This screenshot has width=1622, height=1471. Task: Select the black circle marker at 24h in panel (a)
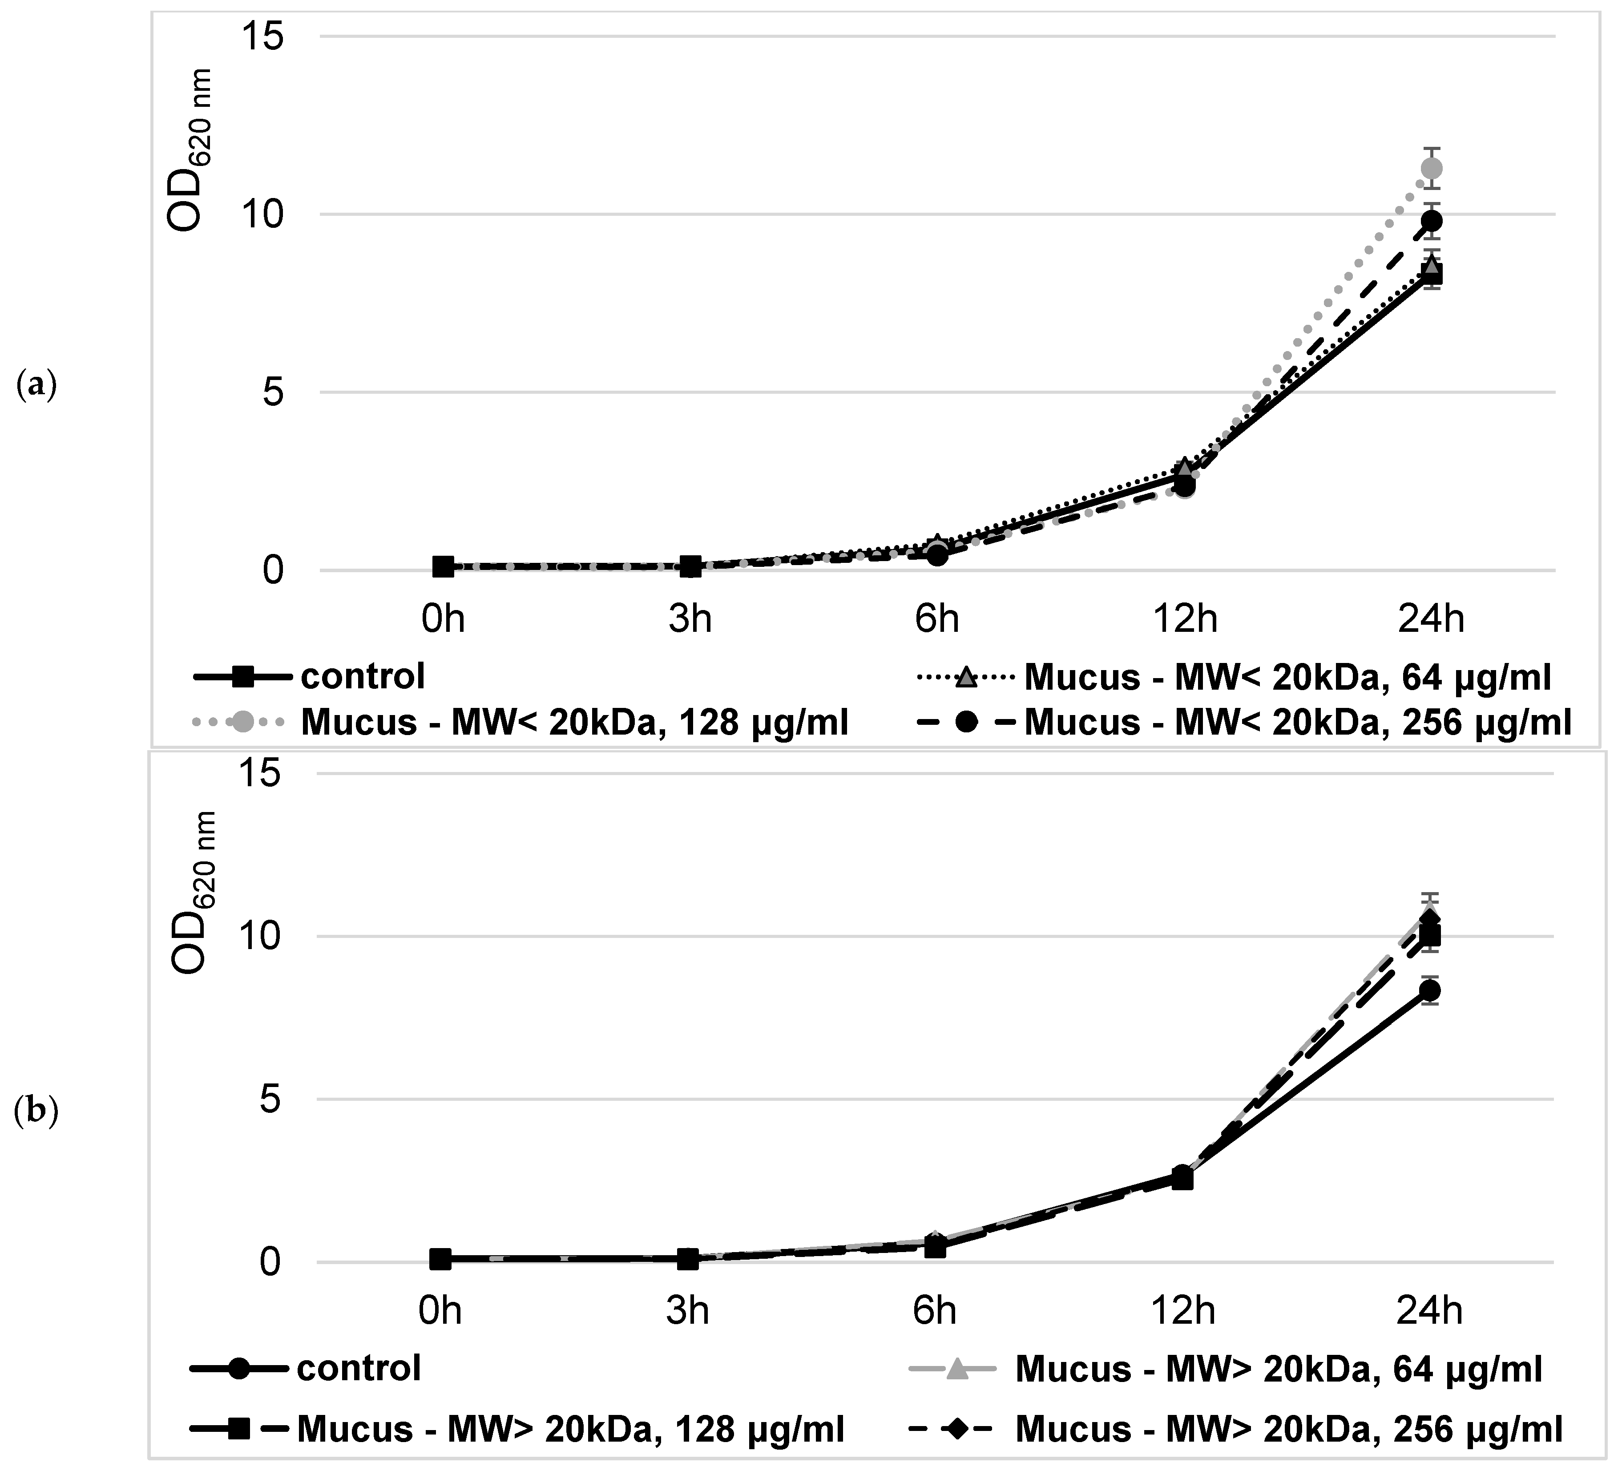coord(1431,221)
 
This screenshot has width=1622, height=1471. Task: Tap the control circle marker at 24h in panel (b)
coord(1430,990)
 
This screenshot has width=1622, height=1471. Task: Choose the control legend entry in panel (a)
coord(362,677)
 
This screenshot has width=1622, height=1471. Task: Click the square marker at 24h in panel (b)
coord(1430,935)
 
